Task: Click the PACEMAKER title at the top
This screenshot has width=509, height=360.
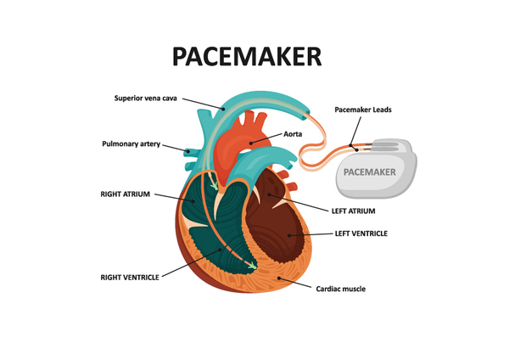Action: (247, 56)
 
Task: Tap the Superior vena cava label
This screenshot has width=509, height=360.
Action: (145, 98)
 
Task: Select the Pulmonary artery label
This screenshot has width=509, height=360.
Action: (131, 144)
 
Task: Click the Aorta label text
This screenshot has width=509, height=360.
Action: (293, 134)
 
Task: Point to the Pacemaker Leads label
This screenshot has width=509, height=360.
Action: (363, 110)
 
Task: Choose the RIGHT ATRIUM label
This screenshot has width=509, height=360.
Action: (125, 194)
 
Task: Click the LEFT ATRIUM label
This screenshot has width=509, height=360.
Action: (353, 211)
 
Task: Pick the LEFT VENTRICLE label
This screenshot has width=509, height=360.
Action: (361, 233)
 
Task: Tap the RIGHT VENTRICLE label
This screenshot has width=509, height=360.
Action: (130, 278)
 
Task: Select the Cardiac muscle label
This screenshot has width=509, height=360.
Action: (340, 289)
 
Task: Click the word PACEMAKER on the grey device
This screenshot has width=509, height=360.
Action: (369, 172)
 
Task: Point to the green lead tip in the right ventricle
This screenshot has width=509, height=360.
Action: (252, 266)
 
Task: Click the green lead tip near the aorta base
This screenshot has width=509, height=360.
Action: (215, 186)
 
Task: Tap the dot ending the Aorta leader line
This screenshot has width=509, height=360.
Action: (251, 143)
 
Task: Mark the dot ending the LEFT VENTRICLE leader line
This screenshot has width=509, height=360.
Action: (289, 235)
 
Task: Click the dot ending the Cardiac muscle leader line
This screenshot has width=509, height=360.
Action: (279, 278)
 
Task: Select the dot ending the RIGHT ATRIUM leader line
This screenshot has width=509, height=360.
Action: (193, 201)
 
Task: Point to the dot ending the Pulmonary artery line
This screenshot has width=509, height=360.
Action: (188, 151)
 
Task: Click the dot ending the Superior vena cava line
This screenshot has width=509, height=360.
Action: (223, 109)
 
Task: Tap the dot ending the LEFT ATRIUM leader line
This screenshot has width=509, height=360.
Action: (269, 195)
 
